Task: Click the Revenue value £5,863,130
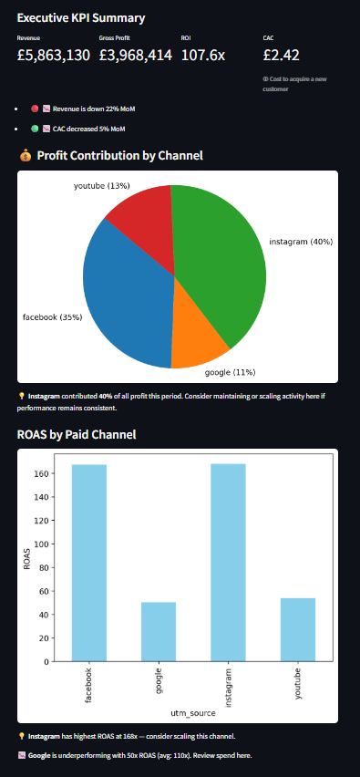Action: [54, 56]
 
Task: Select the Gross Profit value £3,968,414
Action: [136, 56]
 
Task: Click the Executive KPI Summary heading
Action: [81, 18]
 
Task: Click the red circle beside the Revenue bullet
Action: [35, 108]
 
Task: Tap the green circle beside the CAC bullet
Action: [35, 129]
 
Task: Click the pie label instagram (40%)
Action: [301, 242]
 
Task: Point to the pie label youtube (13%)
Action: [101, 186]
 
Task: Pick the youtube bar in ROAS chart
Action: [298, 629]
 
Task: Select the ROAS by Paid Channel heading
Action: [77, 434]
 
